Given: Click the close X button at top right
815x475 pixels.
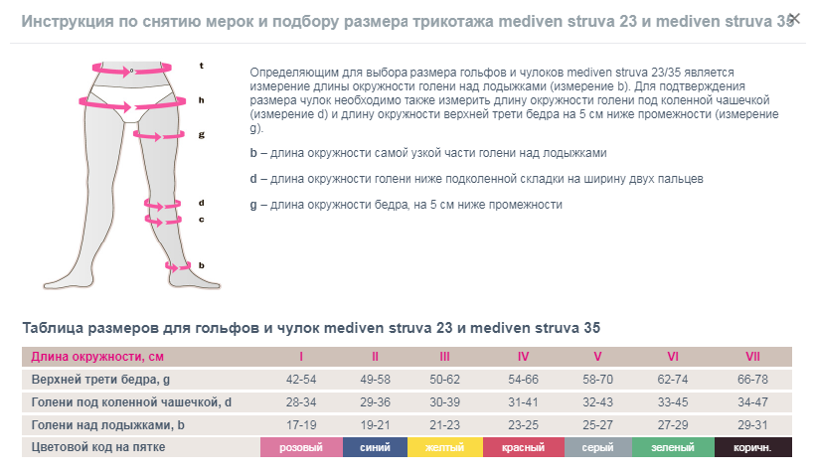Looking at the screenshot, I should [x=793, y=18].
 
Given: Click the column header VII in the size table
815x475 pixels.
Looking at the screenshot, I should [x=752, y=357].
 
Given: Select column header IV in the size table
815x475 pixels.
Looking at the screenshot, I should [x=523, y=357].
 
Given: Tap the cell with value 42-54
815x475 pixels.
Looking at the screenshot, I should [x=300, y=380].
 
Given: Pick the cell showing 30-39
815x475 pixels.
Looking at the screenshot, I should [x=444, y=402].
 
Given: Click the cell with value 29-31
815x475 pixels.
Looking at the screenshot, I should [x=752, y=425].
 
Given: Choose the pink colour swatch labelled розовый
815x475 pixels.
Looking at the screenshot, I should [x=300, y=448].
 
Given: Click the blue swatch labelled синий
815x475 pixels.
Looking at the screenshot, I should [x=375, y=448].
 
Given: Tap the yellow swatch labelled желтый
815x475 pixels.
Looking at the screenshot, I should [x=444, y=448].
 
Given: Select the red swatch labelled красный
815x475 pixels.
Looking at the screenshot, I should [x=523, y=448].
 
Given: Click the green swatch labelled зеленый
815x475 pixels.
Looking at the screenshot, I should [x=673, y=448].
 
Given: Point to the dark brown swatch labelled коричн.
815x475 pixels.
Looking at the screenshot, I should [x=752, y=448].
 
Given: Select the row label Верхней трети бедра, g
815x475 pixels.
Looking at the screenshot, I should [x=100, y=380].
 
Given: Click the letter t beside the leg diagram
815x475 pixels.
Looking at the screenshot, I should [x=201, y=66].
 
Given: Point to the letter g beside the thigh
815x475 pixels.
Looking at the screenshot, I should [x=201, y=133].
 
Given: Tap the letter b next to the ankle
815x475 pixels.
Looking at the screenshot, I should [x=201, y=265].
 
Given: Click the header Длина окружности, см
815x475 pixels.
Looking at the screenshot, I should [x=97, y=357].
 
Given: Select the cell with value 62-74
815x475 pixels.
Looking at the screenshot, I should [x=673, y=380].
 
